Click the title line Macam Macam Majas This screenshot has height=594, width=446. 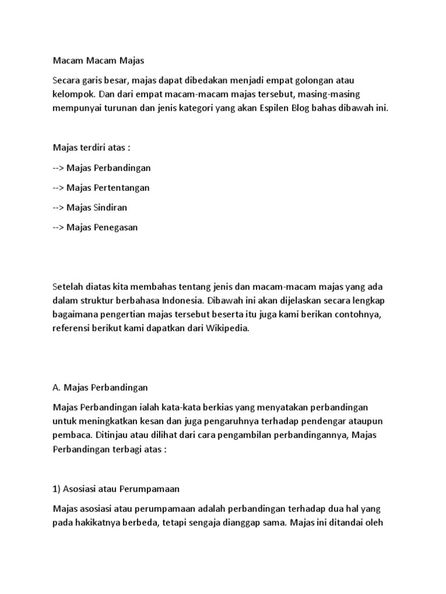coord(98,60)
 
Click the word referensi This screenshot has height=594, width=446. coord(73,328)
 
